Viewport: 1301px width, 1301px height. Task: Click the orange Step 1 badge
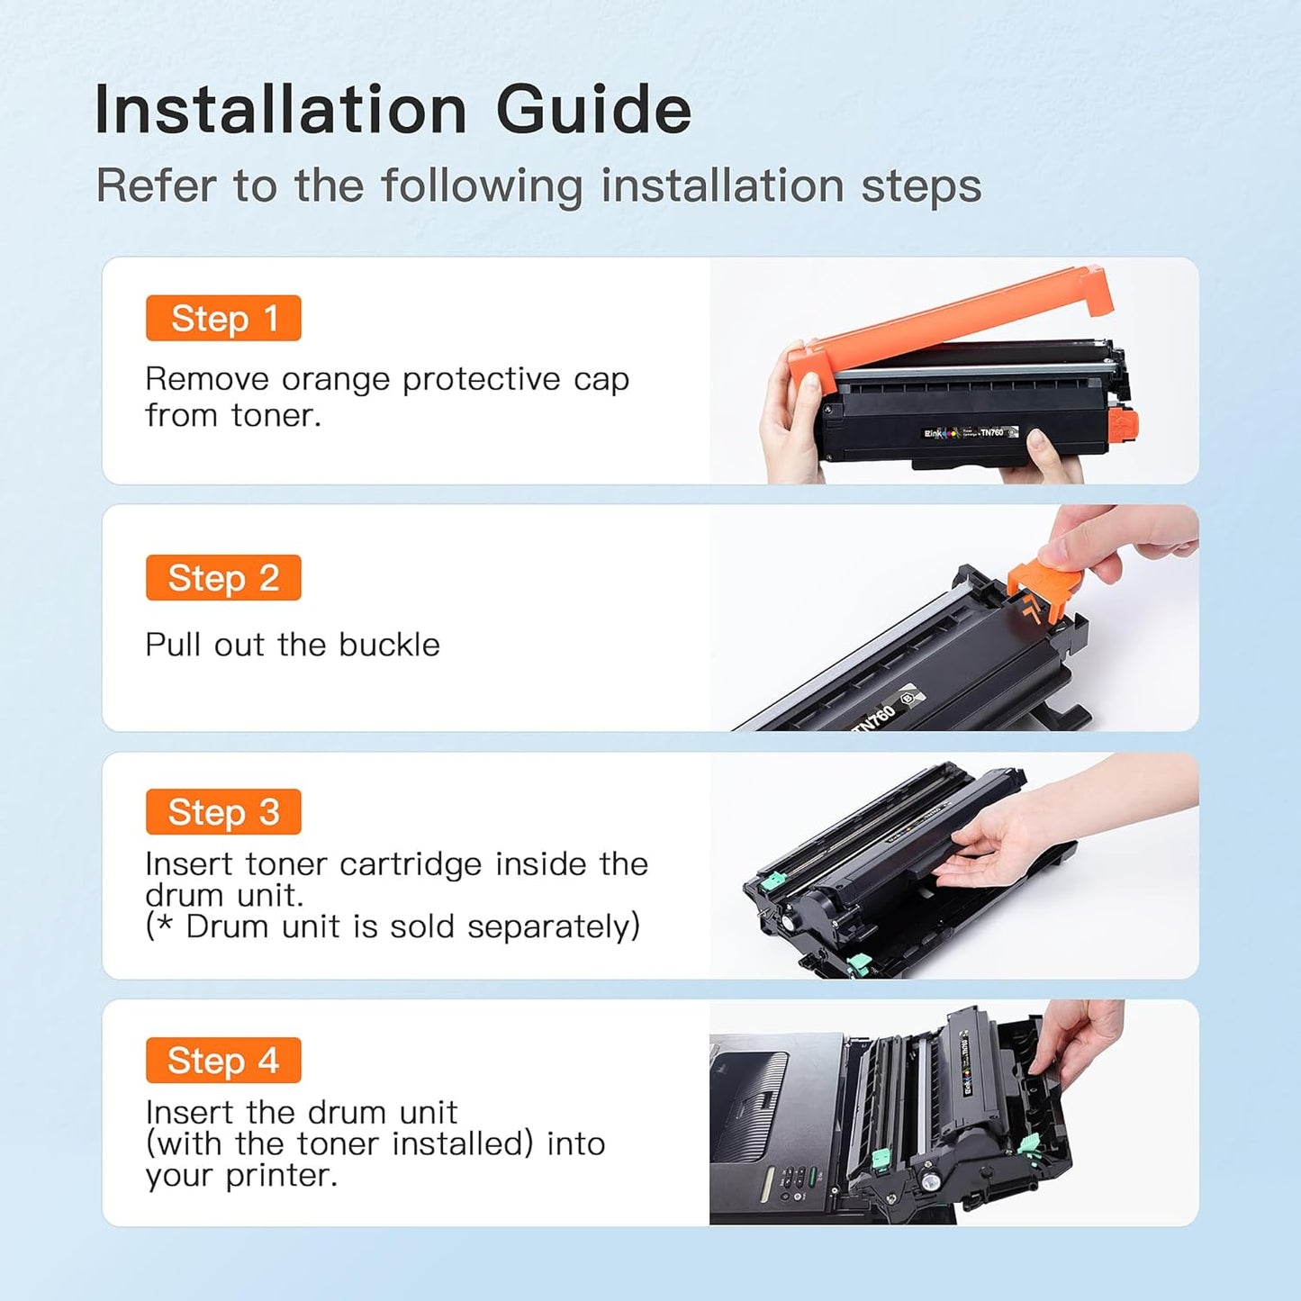point(223,318)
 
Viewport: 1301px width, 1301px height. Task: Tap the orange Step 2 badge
point(223,578)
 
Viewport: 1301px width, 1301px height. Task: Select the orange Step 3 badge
point(223,812)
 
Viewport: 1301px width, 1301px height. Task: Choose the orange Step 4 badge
point(223,1061)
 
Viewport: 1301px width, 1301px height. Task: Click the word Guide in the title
point(593,110)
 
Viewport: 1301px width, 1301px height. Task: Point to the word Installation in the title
point(280,110)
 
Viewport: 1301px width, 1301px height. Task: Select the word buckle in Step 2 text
point(389,645)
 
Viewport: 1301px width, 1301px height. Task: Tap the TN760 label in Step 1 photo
point(991,433)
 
